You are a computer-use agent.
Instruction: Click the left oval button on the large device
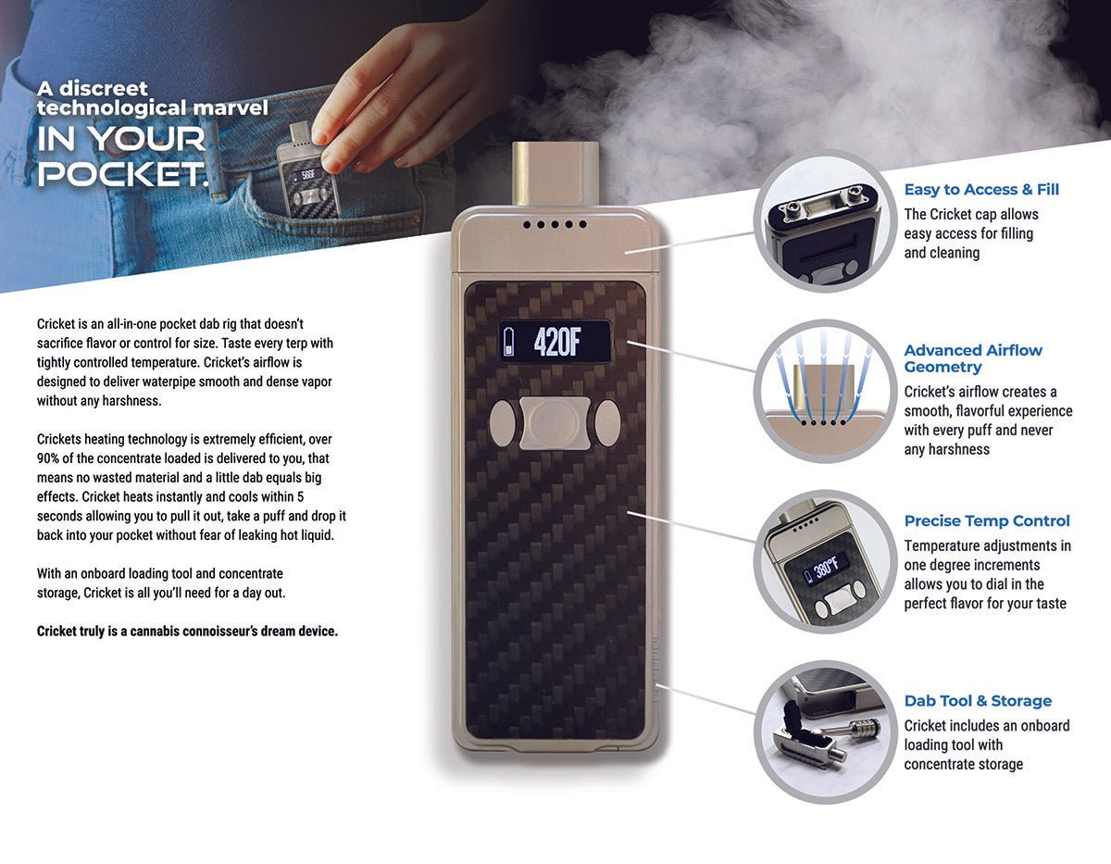coord(501,423)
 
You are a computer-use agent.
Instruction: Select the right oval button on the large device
coord(606,423)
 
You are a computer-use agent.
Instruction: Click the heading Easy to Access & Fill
coord(981,190)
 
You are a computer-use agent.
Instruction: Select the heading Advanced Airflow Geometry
coord(973,358)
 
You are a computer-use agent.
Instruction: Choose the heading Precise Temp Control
coord(987,521)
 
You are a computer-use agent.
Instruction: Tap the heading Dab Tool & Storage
coord(978,701)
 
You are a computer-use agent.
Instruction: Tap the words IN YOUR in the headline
coord(121,140)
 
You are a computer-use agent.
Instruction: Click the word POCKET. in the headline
coord(123,173)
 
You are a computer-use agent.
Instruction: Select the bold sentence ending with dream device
coord(187,632)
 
